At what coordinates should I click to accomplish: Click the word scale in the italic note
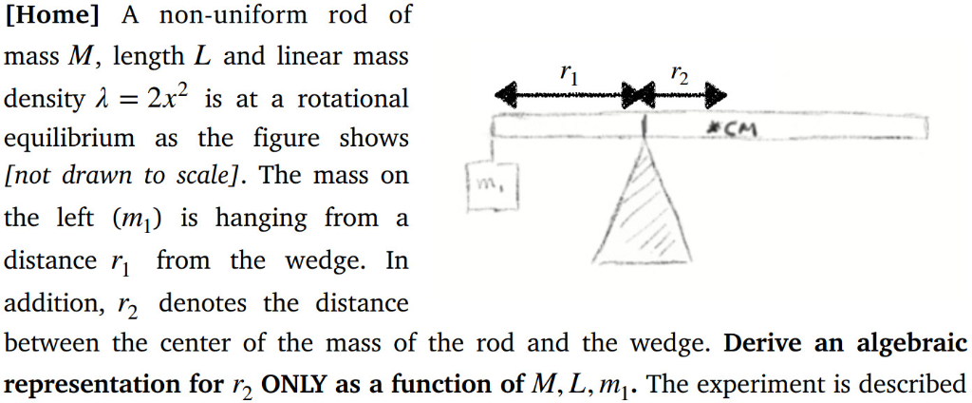click(213, 177)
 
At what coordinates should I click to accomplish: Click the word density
click(41, 98)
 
